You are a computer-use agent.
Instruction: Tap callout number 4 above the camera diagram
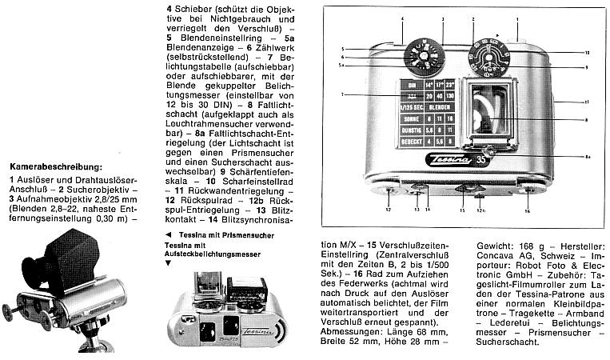click(x=380, y=18)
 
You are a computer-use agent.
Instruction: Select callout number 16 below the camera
click(x=527, y=211)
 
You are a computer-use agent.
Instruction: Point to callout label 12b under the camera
click(x=480, y=211)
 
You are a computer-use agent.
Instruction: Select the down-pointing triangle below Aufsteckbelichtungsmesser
click(x=168, y=262)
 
